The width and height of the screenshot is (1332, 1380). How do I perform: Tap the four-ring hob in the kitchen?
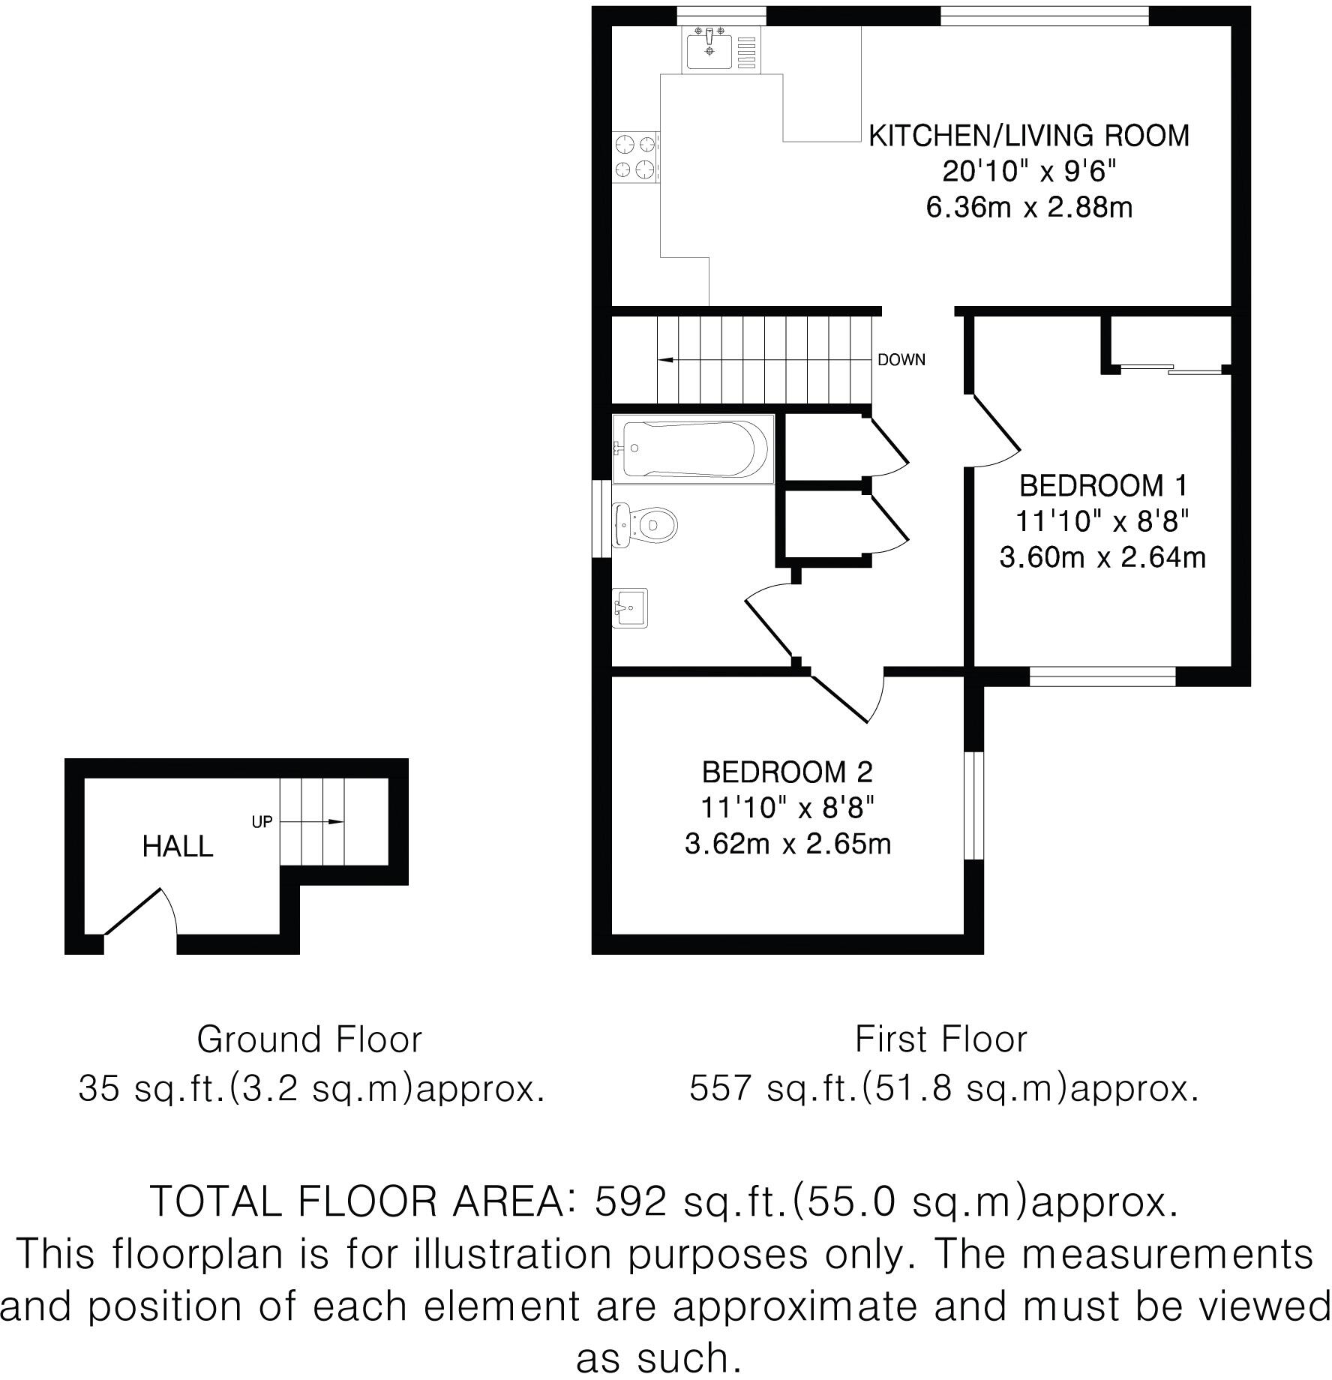click(x=636, y=157)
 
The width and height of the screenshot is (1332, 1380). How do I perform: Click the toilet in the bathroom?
click(x=646, y=523)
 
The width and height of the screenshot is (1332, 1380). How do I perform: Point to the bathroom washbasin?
click(x=629, y=607)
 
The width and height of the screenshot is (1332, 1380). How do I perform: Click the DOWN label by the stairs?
click(x=901, y=360)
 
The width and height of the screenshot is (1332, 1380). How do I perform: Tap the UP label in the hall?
click(x=262, y=822)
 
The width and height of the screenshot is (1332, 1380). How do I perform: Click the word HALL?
click(x=178, y=847)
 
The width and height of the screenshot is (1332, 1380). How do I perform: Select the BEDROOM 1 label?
click(x=1103, y=486)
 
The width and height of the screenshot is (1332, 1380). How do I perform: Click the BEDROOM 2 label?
click(x=787, y=772)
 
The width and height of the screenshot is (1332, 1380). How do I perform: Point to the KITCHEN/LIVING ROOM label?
click(x=1029, y=136)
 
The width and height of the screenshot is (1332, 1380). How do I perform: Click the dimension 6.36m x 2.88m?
click(x=1029, y=208)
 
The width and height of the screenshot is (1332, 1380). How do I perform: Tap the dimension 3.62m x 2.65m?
click(x=787, y=844)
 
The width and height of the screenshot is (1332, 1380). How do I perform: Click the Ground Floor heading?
click(x=309, y=1039)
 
